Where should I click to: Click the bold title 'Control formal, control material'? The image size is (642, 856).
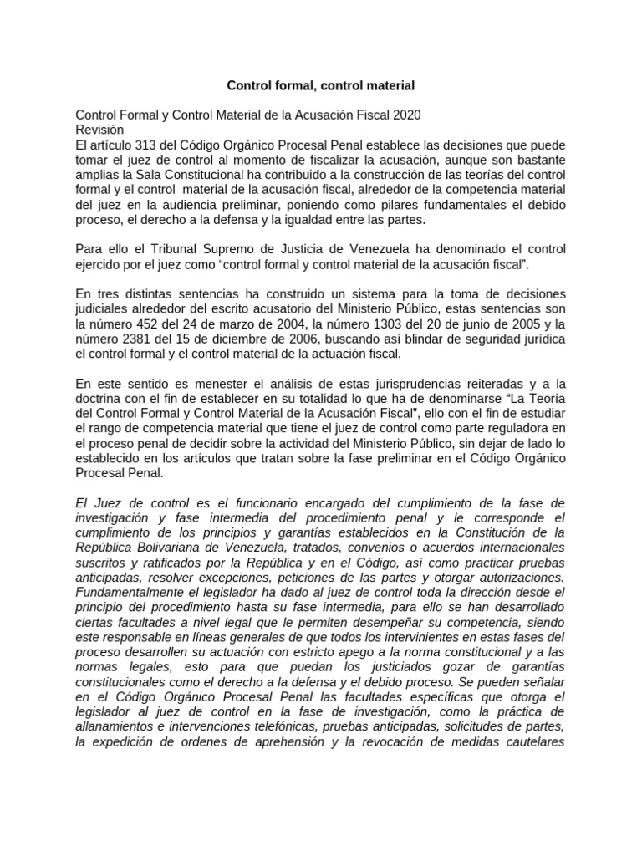click(321, 85)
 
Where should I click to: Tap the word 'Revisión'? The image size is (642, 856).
click(99, 130)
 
